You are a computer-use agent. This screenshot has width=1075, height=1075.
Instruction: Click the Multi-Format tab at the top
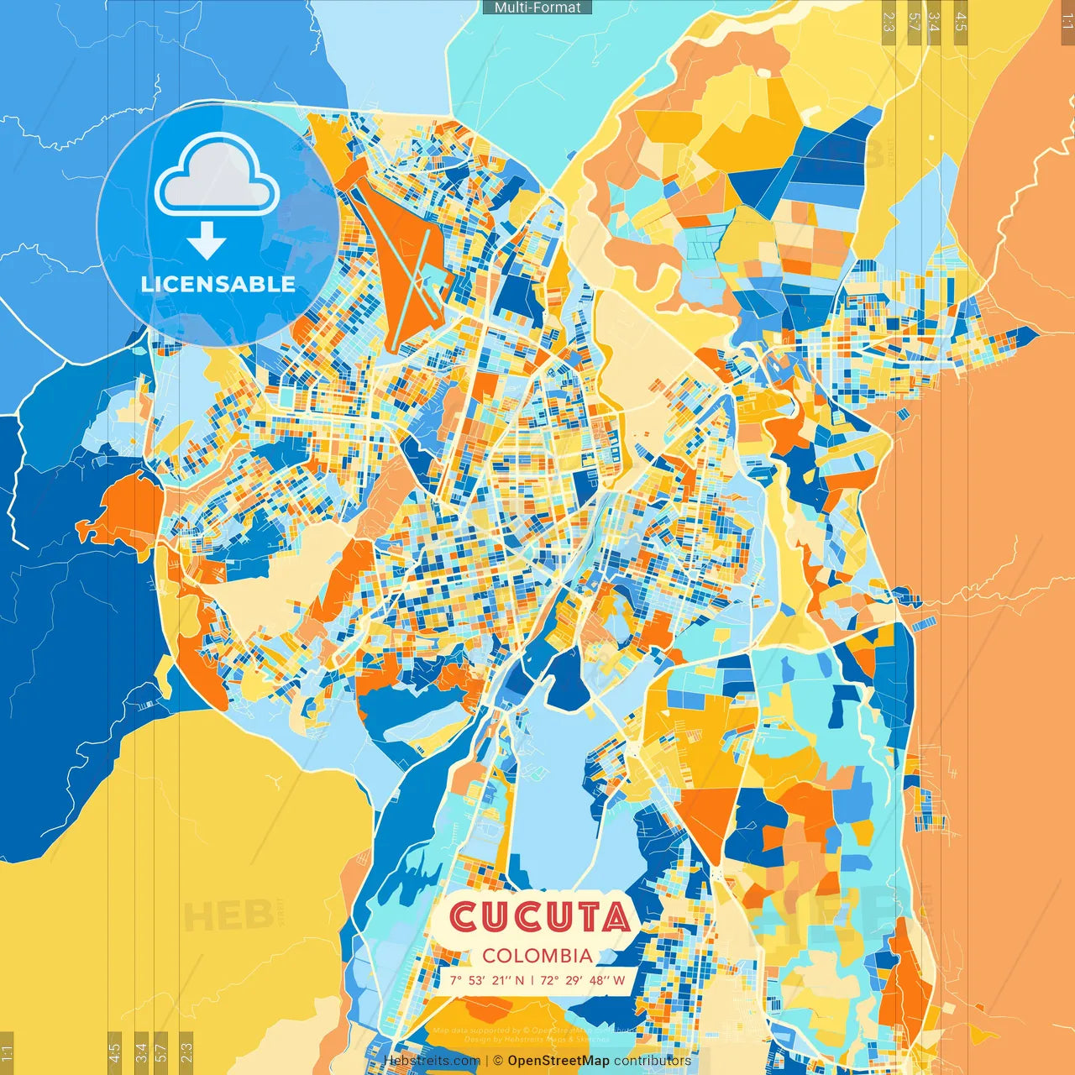pos(537,8)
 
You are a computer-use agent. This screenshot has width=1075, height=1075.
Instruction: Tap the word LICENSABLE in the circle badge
pos(218,284)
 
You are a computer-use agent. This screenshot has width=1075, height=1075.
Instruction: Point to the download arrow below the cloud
pos(207,242)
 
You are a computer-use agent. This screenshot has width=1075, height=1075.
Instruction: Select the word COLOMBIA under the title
pos(537,956)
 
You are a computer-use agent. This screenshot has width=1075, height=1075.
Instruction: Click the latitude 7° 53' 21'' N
pos(486,980)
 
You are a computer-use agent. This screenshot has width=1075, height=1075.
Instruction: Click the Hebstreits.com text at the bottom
pos(432,1061)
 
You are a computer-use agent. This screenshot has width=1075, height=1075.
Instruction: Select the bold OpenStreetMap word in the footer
pos(558,1061)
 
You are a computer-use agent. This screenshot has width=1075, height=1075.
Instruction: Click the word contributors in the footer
pos(653,1061)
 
